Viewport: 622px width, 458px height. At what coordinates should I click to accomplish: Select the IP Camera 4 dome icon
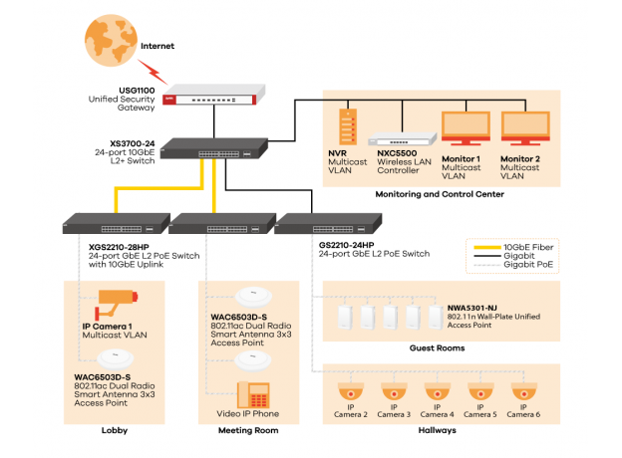(x=436, y=392)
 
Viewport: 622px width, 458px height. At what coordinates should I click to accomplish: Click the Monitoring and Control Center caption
(x=439, y=195)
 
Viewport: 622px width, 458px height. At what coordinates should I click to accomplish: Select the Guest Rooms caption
(x=437, y=348)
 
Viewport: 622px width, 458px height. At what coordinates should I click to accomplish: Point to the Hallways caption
(x=437, y=430)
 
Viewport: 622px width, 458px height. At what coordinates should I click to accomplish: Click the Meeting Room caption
(x=248, y=430)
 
